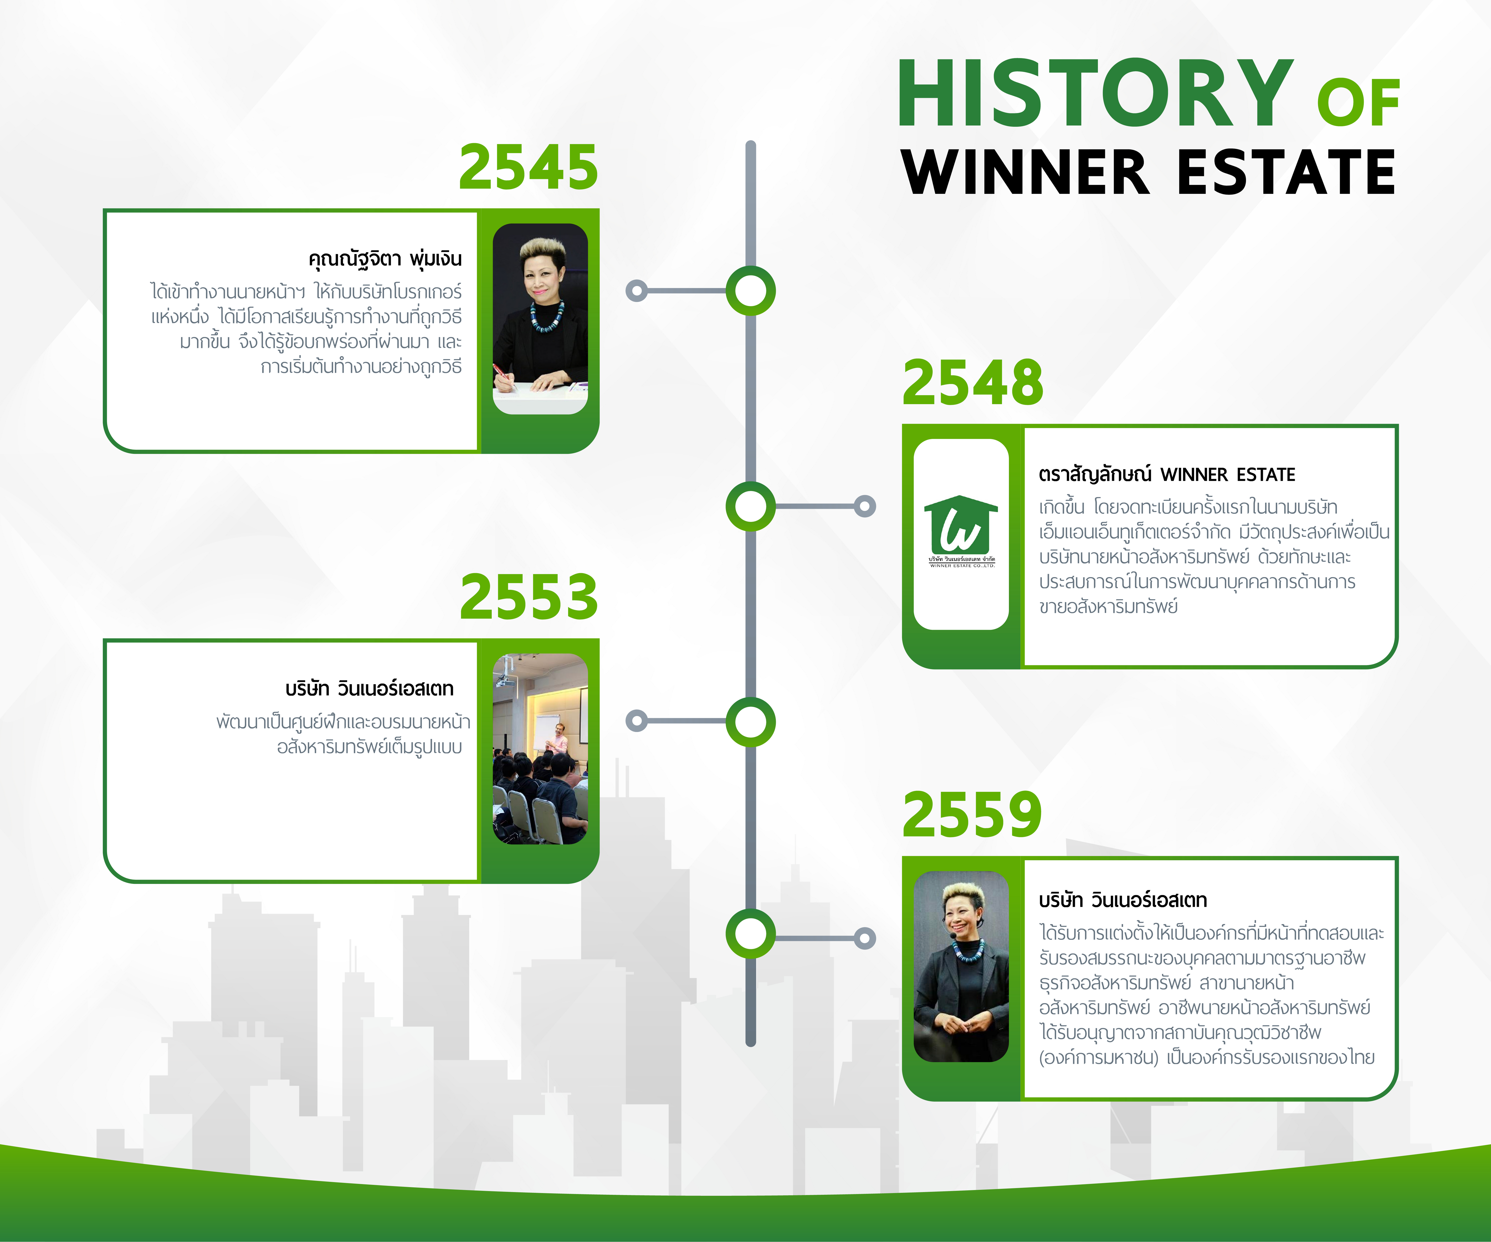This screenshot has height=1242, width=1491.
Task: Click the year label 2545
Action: click(x=528, y=168)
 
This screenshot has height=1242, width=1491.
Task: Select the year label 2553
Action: click(x=529, y=597)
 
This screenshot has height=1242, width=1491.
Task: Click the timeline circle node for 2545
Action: click(x=750, y=290)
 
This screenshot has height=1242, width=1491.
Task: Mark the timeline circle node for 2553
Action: click(x=750, y=721)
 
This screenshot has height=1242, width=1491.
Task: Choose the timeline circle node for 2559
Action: click(x=750, y=933)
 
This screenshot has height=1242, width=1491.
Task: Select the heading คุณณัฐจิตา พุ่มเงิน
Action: click(x=385, y=259)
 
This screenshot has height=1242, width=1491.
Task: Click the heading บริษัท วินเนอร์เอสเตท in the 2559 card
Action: click(x=1123, y=900)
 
